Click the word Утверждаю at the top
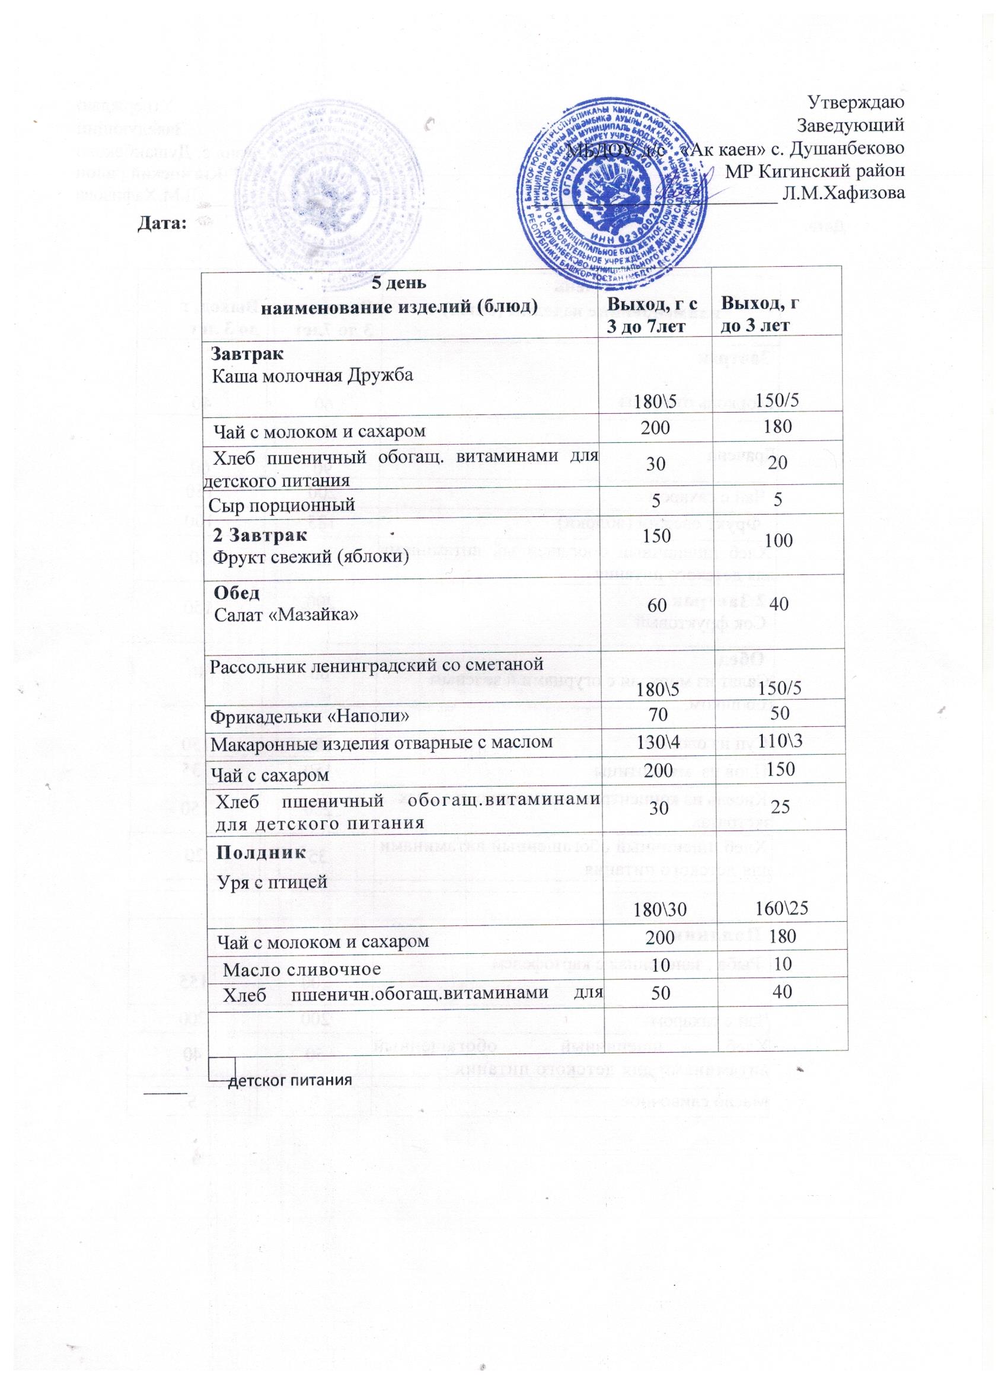[x=856, y=101]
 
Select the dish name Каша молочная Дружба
[x=312, y=375]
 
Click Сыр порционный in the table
[x=282, y=504]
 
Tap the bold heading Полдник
[x=259, y=852]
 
